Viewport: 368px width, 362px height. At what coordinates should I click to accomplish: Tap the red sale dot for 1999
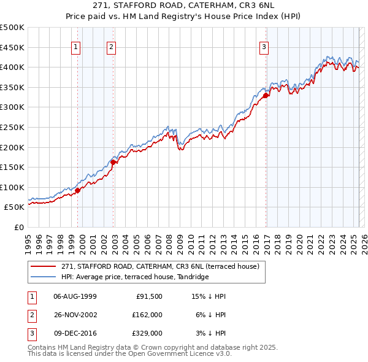(78, 190)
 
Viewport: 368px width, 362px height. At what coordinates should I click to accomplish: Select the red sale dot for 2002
(113, 162)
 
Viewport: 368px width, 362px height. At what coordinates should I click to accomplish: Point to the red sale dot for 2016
(266, 95)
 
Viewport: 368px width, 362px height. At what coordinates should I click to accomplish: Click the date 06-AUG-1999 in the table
(75, 296)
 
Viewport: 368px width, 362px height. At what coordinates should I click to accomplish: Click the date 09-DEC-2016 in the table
(75, 333)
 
